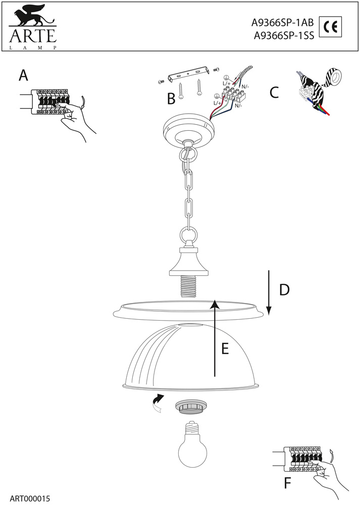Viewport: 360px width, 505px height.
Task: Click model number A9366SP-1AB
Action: coord(283,23)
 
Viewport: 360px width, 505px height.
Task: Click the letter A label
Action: coord(23,76)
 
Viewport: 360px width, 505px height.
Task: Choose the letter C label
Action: coord(274,93)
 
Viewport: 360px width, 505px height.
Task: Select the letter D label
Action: coord(285,290)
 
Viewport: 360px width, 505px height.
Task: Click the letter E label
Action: coord(225,348)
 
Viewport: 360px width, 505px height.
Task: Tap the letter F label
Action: coord(287,483)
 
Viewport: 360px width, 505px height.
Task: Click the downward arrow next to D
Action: coord(269,292)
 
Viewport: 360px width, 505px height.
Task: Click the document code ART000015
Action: coord(29,497)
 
